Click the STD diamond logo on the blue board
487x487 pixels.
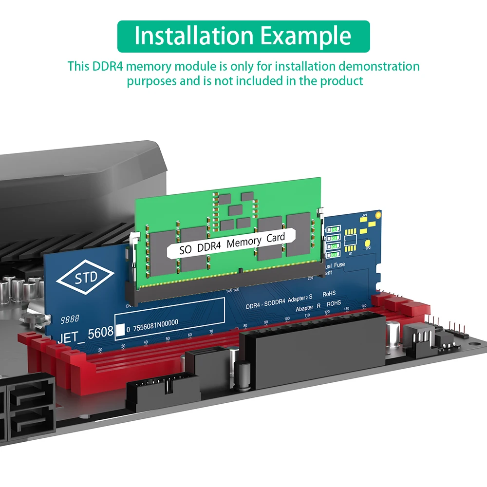pos(87,278)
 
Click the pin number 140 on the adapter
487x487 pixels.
pos(363,306)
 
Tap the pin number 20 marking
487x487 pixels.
pos(101,350)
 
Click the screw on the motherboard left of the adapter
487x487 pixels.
pos(33,319)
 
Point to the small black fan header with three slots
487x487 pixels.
pos(419,336)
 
